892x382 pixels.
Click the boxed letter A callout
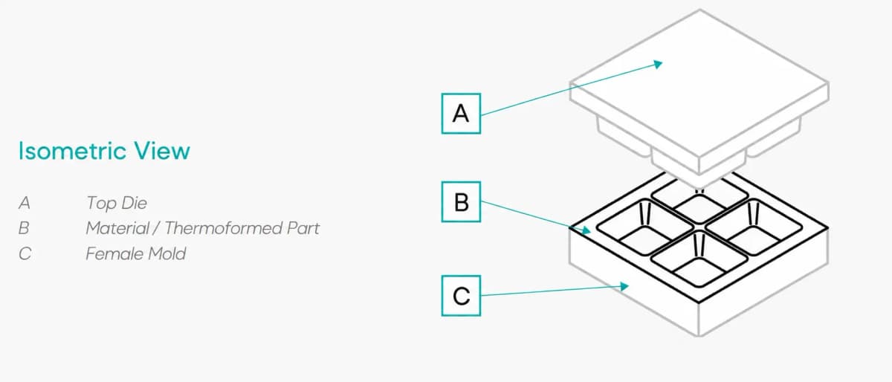[x=461, y=114]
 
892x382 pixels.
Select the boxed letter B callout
[x=461, y=202]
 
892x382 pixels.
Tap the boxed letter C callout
[x=461, y=296]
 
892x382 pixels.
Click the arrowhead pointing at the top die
[x=658, y=64]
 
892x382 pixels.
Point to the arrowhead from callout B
[x=586, y=230]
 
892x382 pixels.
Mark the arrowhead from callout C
[x=624, y=286]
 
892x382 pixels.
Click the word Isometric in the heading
[x=72, y=151]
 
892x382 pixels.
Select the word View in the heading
[x=162, y=151]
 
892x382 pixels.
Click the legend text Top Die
[x=117, y=203]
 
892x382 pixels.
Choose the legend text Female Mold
[x=136, y=253]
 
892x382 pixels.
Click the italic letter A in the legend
[x=25, y=203]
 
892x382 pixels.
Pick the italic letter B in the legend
[x=24, y=228]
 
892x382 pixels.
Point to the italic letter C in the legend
[x=25, y=253]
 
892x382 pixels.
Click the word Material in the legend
[x=117, y=228]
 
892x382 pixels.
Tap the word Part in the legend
[x=303, y=228]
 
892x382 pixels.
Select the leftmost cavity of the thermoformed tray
[x=645, y=228]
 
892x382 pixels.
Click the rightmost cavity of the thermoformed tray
[x=754, y=228]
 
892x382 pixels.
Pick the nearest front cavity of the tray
[x=699, y=259]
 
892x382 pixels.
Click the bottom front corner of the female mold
[x=699, y=337]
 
